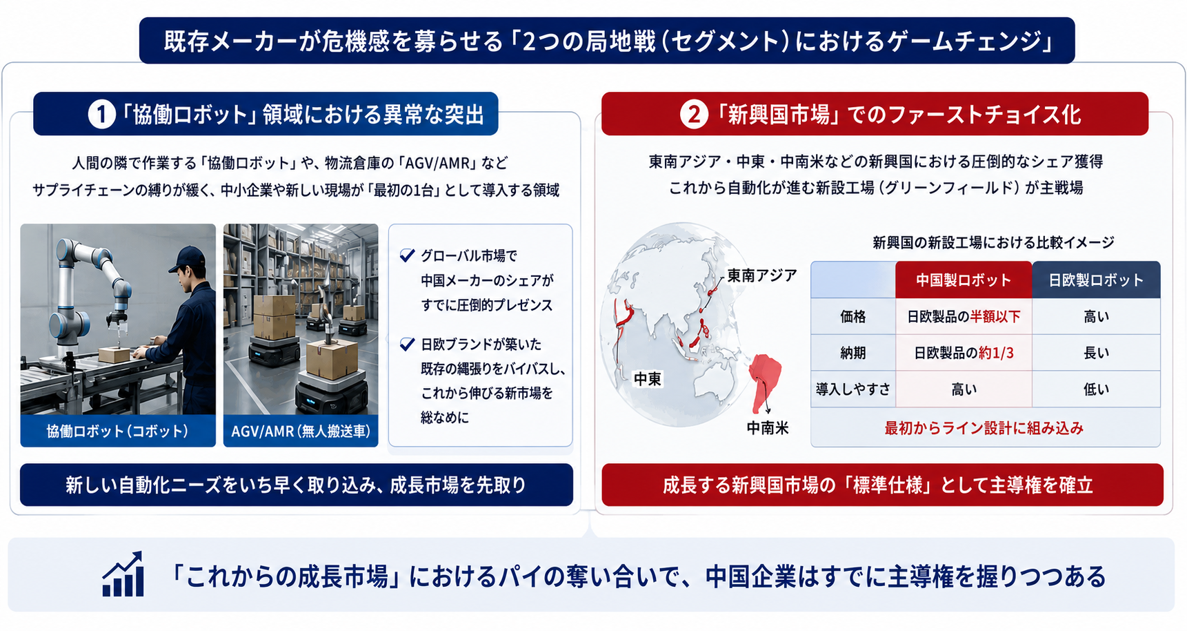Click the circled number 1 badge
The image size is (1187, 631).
pos(101,114)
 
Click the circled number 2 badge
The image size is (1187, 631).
pos(693,114)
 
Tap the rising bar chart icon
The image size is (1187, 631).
pos(123,574)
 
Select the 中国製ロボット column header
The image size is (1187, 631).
pos(964,280)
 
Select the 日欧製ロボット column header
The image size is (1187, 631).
pos(1096,280)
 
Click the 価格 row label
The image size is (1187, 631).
pos(853,317)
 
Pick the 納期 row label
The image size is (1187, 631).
pos(853,353)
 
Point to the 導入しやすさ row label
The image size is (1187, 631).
pos(853,389)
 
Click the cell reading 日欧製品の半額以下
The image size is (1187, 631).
pos(964,317)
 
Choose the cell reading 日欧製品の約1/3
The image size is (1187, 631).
pos(964,353)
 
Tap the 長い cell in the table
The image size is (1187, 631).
pos(1096,353)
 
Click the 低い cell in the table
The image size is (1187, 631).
pos(1096,389)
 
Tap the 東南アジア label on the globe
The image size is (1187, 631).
pos(761,275)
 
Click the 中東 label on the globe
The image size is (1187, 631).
pos(648,379)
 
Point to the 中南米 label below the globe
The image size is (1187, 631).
pos(768,428)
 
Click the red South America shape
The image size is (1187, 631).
pos(764,380)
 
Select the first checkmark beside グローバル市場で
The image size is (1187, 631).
pos(407,255)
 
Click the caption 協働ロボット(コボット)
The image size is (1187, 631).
pos(117,431)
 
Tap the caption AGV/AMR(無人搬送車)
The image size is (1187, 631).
pos(301,431)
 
